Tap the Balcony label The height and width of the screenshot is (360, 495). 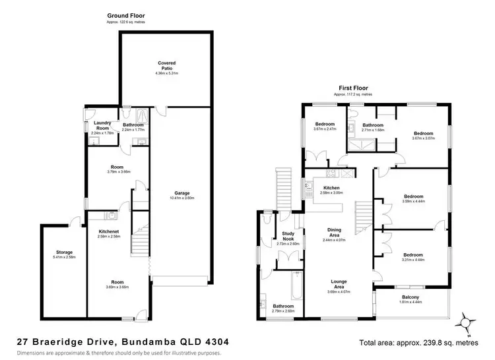(x=411, y=297)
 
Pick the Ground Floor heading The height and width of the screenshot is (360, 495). (x=125, y=15)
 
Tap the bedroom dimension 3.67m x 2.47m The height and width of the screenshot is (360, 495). (x=324, y=129)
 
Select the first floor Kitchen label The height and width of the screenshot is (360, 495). (x=331, y=188)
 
